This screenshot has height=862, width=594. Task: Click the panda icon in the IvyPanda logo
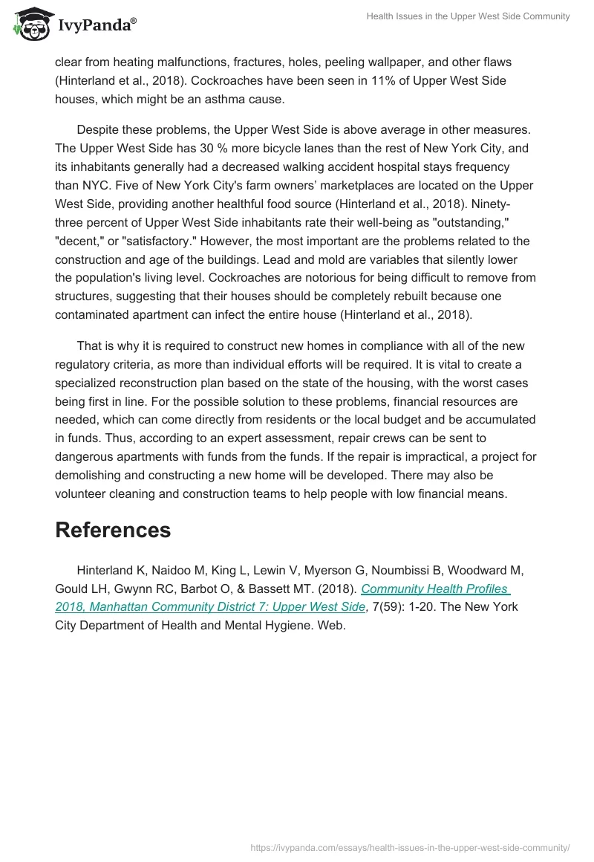28,25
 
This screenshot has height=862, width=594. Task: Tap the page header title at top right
467,16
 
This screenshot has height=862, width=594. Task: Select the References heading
113,530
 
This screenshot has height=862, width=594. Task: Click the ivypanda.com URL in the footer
410,846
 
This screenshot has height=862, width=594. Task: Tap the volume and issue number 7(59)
385,607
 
